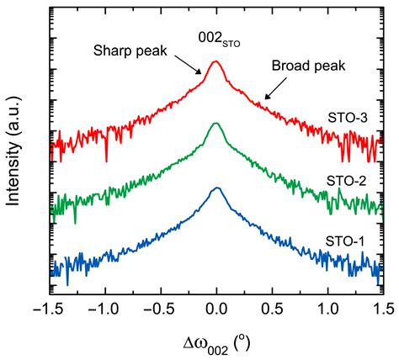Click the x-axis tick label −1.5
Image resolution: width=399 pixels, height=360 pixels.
49,308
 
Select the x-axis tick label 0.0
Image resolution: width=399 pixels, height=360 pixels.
217,308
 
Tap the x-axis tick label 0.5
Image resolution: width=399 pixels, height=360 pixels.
273,308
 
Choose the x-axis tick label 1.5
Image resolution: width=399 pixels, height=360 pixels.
384,308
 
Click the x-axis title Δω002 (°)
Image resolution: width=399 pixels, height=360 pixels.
216,341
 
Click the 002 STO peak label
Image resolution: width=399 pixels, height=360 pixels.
217,36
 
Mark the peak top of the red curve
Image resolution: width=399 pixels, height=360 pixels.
216,61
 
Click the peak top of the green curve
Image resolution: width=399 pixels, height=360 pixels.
216,124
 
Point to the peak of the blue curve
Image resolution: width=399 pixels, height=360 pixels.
217,188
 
